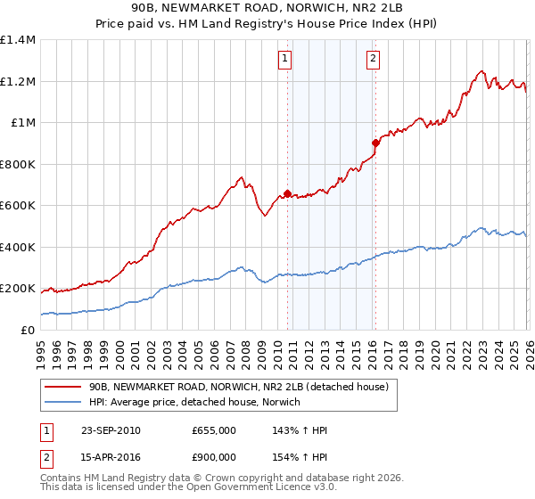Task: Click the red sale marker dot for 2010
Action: (x=288, y=193)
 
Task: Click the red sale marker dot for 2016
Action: (x=375, y=143)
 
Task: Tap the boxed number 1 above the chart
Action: (x=284, y=60)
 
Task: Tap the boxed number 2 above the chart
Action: (x=372, y=60)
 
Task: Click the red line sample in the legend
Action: (x=62, y=388)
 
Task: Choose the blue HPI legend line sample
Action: (x=62, y=403)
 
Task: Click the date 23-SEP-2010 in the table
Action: (x=110, y=430)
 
